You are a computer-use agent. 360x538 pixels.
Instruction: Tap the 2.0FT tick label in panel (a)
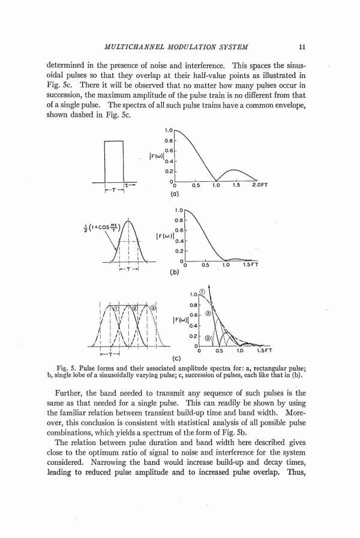pos(261,185)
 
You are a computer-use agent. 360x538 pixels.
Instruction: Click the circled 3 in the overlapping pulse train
pos(152,308)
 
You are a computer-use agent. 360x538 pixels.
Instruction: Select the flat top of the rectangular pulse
pos(113,140)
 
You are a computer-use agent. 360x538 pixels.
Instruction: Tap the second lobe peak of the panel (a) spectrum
pos(235,169)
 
